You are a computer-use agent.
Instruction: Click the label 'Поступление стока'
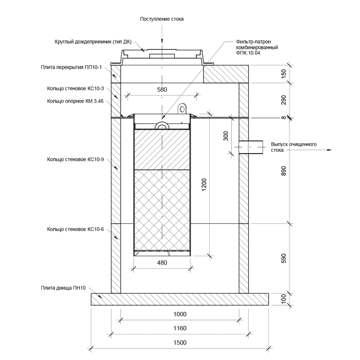tap(162, 19)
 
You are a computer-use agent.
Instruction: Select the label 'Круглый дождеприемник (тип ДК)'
tap(93, 42)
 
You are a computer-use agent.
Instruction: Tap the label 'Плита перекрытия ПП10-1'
tap(72, 68)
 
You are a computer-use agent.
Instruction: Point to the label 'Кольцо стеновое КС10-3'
tap(76, 89)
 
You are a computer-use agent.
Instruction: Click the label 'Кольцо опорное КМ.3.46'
tap(76, 101)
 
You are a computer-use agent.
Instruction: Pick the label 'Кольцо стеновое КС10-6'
tap(76, 230)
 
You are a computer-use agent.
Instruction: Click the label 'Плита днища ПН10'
tap(63, 288)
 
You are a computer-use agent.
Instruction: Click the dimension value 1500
tap(180, 342)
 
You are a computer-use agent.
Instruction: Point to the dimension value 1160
tap(180, 328)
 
